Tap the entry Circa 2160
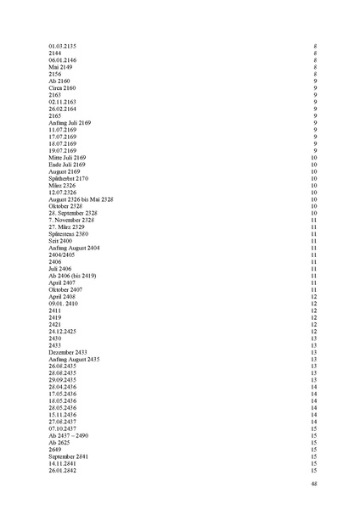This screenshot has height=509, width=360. pyautogui.click(x=62, y=87)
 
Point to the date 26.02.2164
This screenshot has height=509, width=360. pyautogui.click(x=63, y=109)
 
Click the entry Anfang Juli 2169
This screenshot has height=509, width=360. pyautogui.click(x=70, y=123)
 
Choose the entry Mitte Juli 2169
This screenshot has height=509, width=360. pyautogui.click(x=69, y=158)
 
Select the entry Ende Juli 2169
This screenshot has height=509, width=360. pyautogui.click(x=68, y=165)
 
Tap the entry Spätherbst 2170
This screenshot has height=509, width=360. pyautogui.click(x=68, y=179)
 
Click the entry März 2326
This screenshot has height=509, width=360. pyautogui.click(x=61, y=186)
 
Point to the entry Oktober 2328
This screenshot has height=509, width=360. pyautogui.click(x=65, y=206)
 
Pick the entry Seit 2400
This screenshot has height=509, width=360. pyautogui.click(x=60, y=241)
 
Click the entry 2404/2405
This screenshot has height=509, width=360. pyautogui.click(x=62, y=255)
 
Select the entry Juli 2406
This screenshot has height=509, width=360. pyautogui.click(x=60, y=269)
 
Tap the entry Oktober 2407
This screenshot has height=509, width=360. pyautogui.click(x=65, y=290)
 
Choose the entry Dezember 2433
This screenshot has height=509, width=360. pyautogui.click(x=68, y=352)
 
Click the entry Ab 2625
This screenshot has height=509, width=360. pyautogui.click(x=59, y=443)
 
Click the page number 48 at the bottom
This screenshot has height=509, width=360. pyautogui.click(x=314, y=484)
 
